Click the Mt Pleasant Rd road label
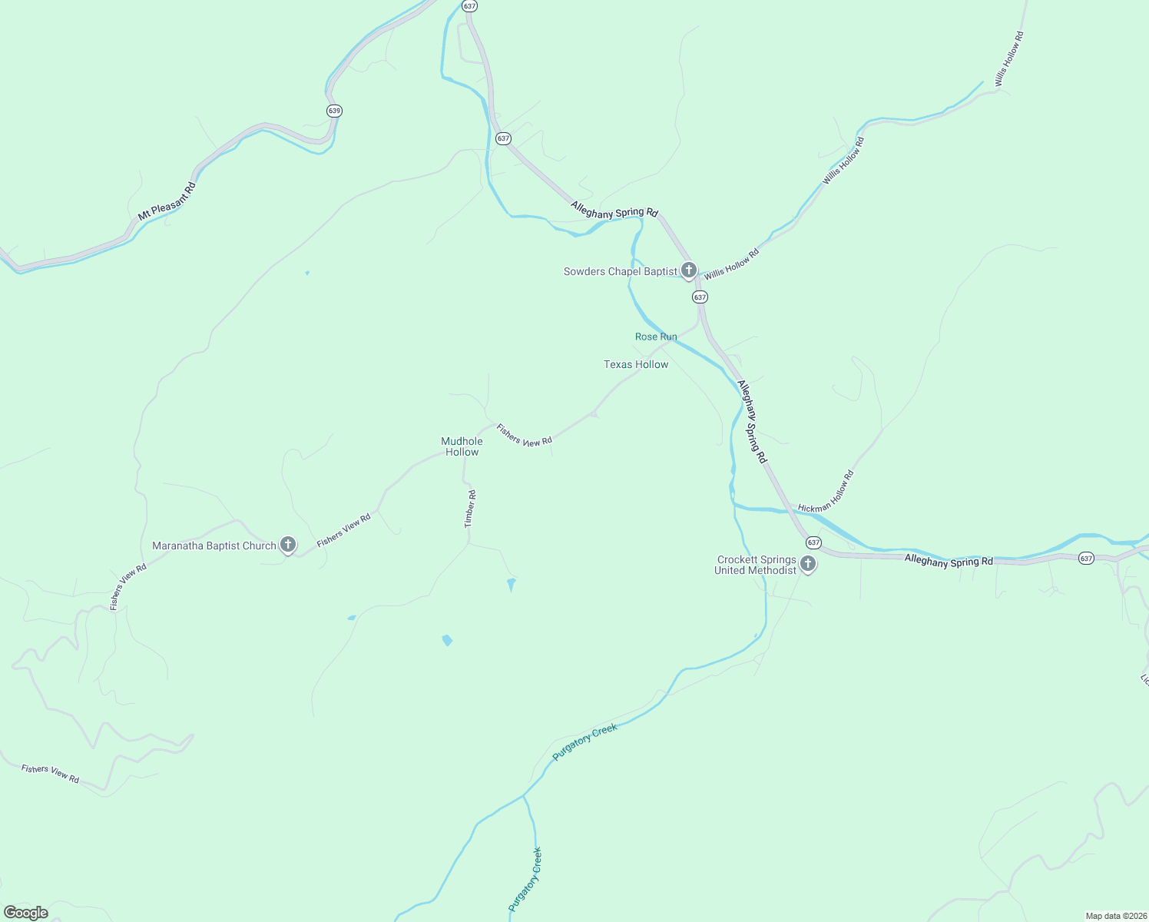pos(167,201)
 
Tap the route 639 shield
pos(334,111)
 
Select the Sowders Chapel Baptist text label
pos(620,271)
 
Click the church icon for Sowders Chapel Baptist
pos(689,270)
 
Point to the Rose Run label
pos(656,337)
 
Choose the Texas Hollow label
pos(636,364)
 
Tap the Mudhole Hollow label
pos(462,446)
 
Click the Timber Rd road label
pos(470,509)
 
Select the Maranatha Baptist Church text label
pos(214,546)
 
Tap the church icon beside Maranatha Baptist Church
pos(288,545)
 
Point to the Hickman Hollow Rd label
pos(826,492)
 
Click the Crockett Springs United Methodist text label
pos(757,565)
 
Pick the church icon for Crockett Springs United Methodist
pos(808,564)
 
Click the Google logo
pos(26,913)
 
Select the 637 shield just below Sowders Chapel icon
pos(699,297)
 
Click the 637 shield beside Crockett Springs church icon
pos(814,542)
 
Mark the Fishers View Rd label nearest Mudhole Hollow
pos(524,436)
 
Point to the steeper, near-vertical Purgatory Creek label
pos(525,879)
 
